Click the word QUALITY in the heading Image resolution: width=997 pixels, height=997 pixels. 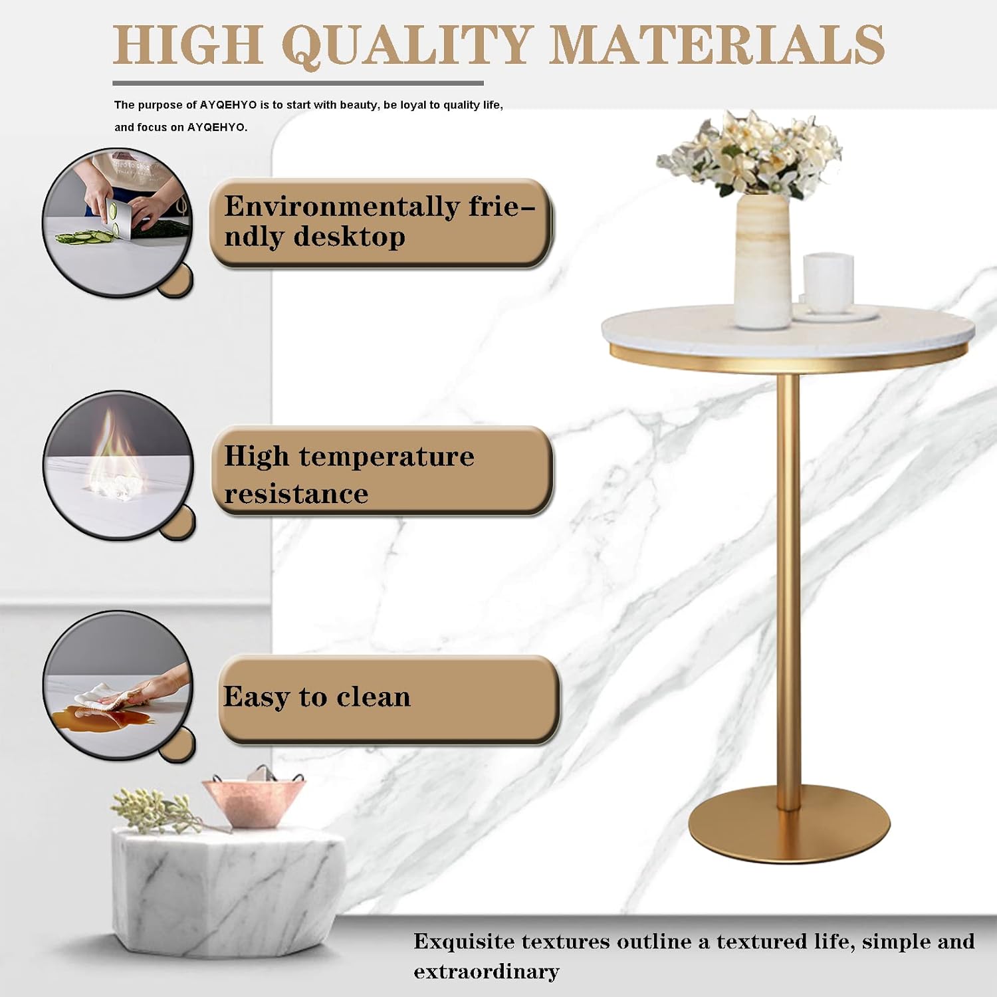407,45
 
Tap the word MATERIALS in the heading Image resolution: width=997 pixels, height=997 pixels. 718,45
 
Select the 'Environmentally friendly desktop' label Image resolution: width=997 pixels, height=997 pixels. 381,223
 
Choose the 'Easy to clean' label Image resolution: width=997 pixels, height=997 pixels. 388,698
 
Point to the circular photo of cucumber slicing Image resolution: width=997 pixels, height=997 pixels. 118,222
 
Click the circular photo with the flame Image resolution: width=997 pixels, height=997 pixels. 118,465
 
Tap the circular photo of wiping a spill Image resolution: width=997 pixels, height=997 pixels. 118,685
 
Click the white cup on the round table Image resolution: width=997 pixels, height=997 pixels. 828,282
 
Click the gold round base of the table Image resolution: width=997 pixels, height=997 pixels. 789,828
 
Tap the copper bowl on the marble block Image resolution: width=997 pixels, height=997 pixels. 254,801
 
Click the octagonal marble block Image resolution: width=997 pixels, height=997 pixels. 226,891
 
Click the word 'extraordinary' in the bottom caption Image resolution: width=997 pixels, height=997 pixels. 486,972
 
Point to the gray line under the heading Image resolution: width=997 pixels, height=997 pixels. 298,83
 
